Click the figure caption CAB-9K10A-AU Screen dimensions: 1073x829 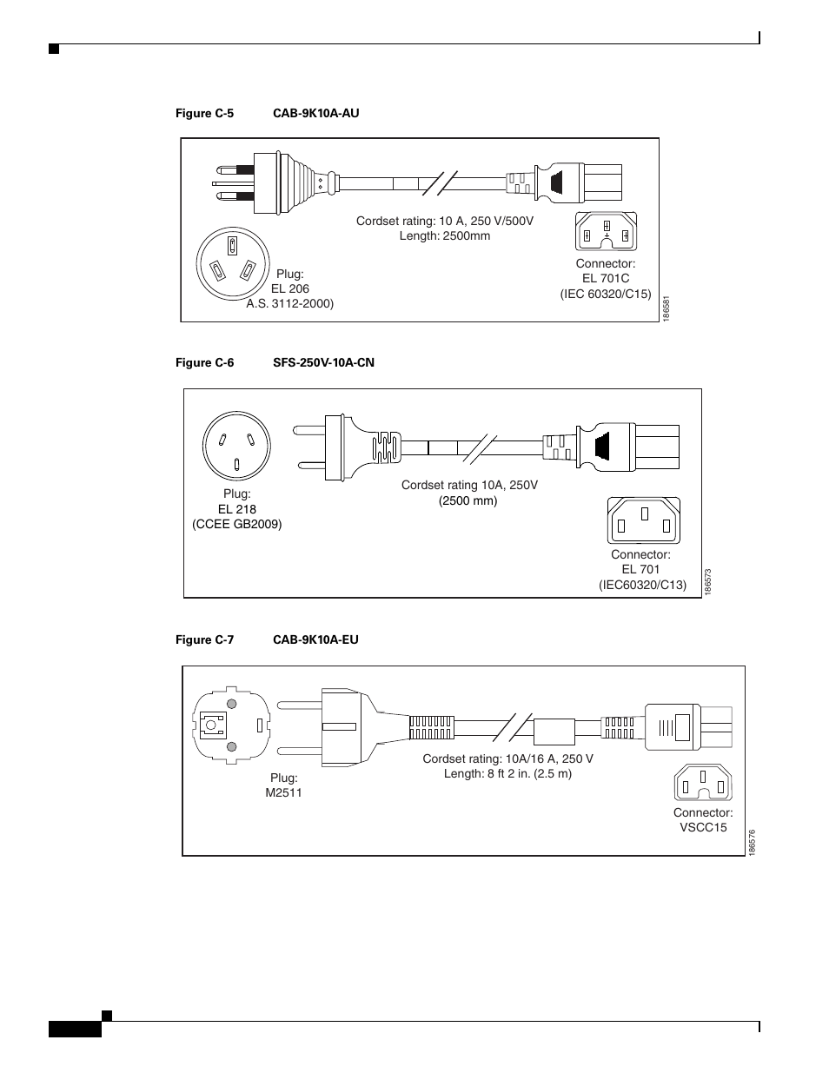315,113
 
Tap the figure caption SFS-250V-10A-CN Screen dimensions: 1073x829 323,362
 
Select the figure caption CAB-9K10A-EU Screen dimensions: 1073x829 315,639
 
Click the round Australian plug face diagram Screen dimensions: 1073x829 230,261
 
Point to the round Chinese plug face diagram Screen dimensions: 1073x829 236,444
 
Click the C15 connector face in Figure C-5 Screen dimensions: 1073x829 606,231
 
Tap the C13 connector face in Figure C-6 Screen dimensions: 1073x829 643,520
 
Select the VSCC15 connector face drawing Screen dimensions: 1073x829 703,782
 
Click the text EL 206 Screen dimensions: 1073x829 290,288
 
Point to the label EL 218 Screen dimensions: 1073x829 237,509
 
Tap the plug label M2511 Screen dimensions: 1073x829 284,792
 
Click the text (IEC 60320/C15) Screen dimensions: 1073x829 606,294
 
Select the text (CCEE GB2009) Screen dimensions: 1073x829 237,524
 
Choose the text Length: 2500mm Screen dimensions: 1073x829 445,235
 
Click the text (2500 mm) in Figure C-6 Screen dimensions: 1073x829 468,500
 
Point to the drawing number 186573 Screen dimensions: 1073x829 708,581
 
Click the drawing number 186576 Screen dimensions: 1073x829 752,842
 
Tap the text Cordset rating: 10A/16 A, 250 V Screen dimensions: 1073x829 508,758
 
